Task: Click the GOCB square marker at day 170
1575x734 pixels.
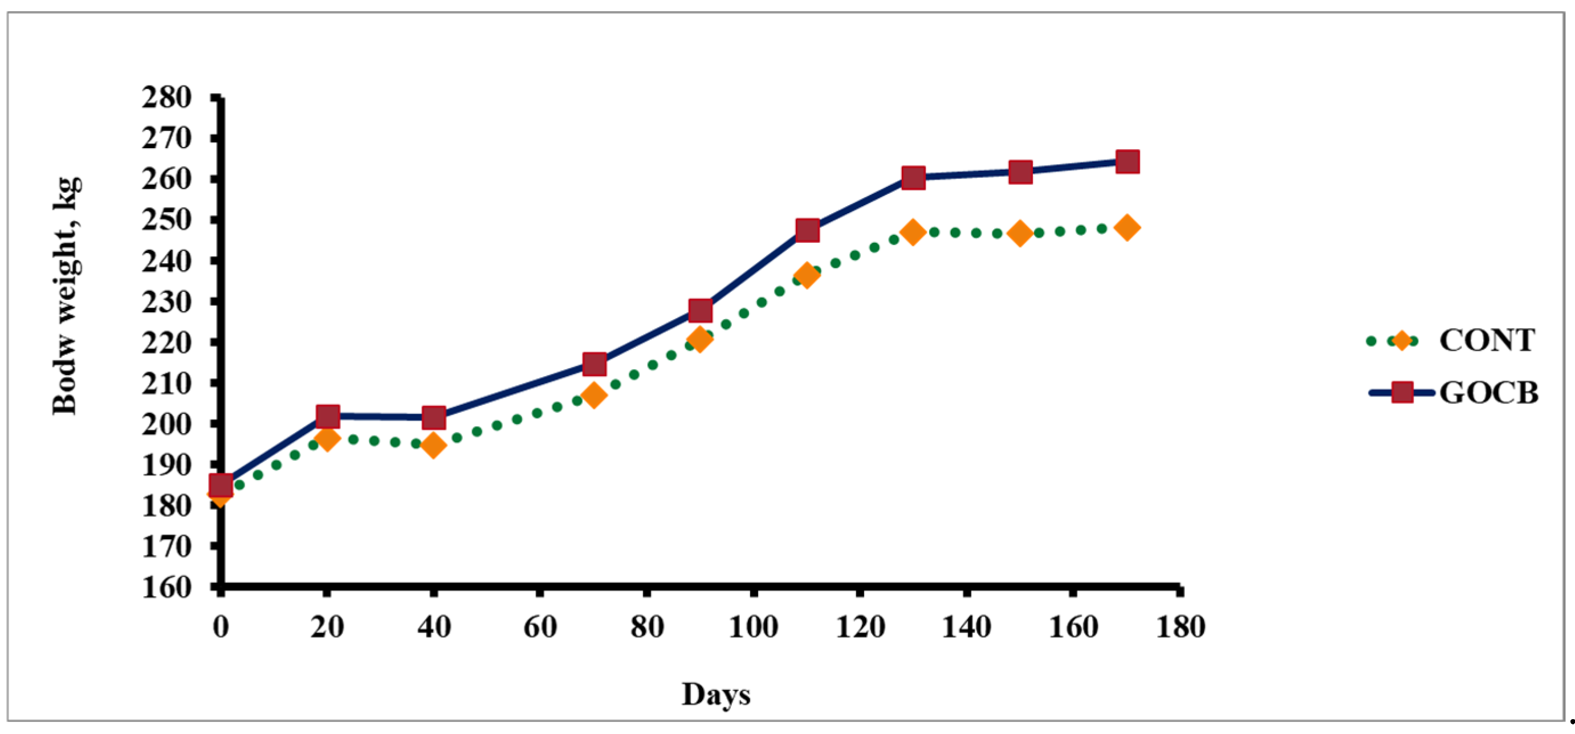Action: click(x=1127, y=162)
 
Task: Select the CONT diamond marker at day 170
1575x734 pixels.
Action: click(x=1127, y=228)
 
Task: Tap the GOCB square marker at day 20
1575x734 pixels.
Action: click(x=328, y=417)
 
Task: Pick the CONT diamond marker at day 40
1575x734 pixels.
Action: click(x=433, y=445)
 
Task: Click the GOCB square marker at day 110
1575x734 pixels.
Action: click(x=807, y=230)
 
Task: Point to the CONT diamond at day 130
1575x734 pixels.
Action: click(x=913, y=233)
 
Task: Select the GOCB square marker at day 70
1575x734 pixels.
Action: click(x=593, y=364)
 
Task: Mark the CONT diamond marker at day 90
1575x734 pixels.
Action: click(x=700, y=339)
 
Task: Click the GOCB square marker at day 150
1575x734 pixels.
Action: click(x=1020, y=172)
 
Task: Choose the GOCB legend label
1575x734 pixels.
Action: click(x=1488, y=393)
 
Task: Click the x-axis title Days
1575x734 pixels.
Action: click(x=716, y=694)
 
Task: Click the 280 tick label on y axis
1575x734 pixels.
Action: click(x=167, y=98)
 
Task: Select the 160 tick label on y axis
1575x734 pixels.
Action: click(x=167, y=588)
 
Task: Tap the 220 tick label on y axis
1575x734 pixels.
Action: click(x=167, y=342)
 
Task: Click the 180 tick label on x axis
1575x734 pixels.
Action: click(x=1180, y=627)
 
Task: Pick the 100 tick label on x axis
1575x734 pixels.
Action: click(x=753, y=627)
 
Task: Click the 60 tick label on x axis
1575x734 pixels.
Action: click(x=540, y=627)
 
